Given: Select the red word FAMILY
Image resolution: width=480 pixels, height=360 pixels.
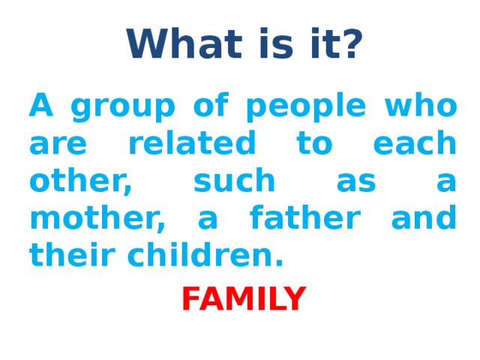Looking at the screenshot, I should pos(243,299).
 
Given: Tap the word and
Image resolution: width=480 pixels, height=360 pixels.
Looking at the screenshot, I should pos(424,219).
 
